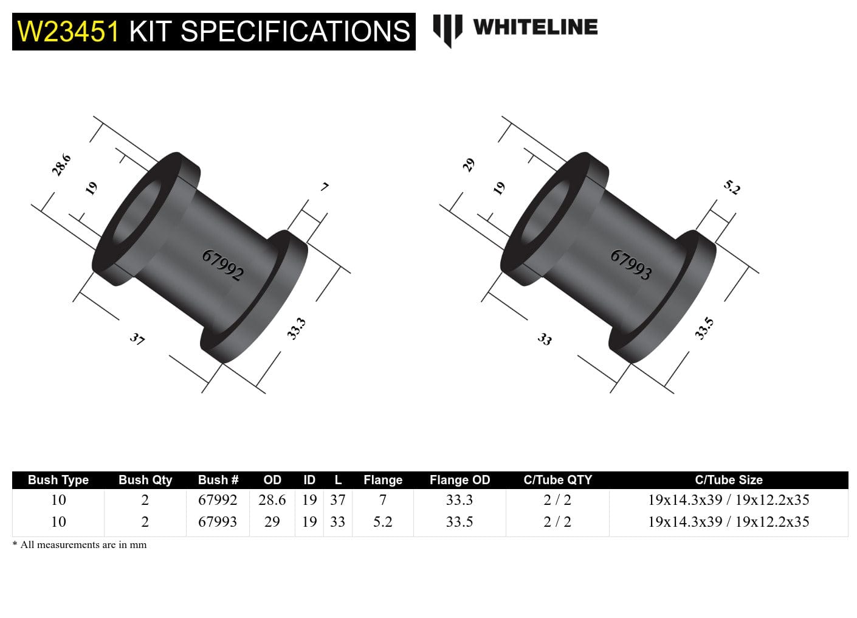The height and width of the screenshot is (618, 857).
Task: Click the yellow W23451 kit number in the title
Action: [68, 32]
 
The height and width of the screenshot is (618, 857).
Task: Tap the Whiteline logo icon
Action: [447, 29]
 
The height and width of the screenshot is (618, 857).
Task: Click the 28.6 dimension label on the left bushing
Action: [61, 165]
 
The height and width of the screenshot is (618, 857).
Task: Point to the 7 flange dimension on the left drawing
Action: [325, 187]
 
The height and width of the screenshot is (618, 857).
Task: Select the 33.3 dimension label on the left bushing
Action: [296, 329]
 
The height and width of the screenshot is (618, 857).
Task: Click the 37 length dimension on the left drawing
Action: [137, 339]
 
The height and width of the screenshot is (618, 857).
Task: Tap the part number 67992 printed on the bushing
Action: [222, 265]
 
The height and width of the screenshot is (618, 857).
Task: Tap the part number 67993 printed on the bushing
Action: [631, 265]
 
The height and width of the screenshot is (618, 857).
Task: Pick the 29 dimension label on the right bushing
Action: [469, 165]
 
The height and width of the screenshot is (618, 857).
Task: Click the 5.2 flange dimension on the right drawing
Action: [732, 187]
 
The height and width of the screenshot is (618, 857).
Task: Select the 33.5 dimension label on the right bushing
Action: [704, 328]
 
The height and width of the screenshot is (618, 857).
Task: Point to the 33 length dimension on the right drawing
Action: [545, 339]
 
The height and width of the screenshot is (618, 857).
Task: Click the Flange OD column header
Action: [459, 480]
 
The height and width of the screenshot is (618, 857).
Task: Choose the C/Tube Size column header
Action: [728, 480]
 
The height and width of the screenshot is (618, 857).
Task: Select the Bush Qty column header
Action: [145, 480]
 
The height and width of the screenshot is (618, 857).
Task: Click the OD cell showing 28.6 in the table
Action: [272, 500]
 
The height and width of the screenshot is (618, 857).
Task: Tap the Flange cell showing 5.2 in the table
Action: [383, 522]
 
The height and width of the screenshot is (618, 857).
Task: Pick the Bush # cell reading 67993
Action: [218, 522]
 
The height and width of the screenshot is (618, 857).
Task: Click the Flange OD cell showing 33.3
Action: [459, 500]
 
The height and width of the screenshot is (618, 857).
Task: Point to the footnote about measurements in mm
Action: [80, 545]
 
